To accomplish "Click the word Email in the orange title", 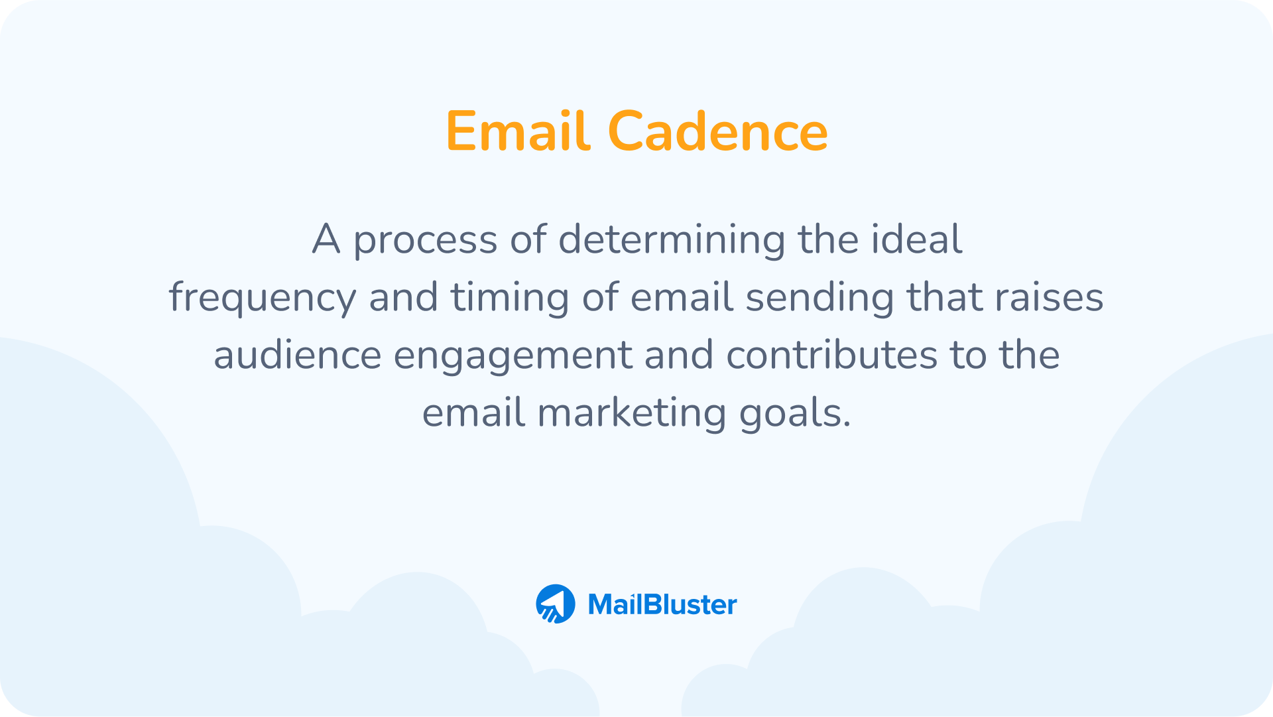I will click(518, 131).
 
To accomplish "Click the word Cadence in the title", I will click(717, 131).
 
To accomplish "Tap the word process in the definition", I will click(424, 240).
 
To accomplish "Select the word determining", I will click(672, 240).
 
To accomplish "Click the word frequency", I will click(263, 298).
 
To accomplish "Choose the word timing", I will click(510, 298).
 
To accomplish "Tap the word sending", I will click(819, 298).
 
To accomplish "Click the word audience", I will click(297, 355).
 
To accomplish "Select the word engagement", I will click(513, 356).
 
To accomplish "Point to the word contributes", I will click(832, 355).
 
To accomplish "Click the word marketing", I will click(632, 413).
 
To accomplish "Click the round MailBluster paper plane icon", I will click(556, 604).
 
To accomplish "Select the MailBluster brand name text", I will click(662, 604).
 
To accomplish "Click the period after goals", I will click(847, 424).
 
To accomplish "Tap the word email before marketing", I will click(473, 413).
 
